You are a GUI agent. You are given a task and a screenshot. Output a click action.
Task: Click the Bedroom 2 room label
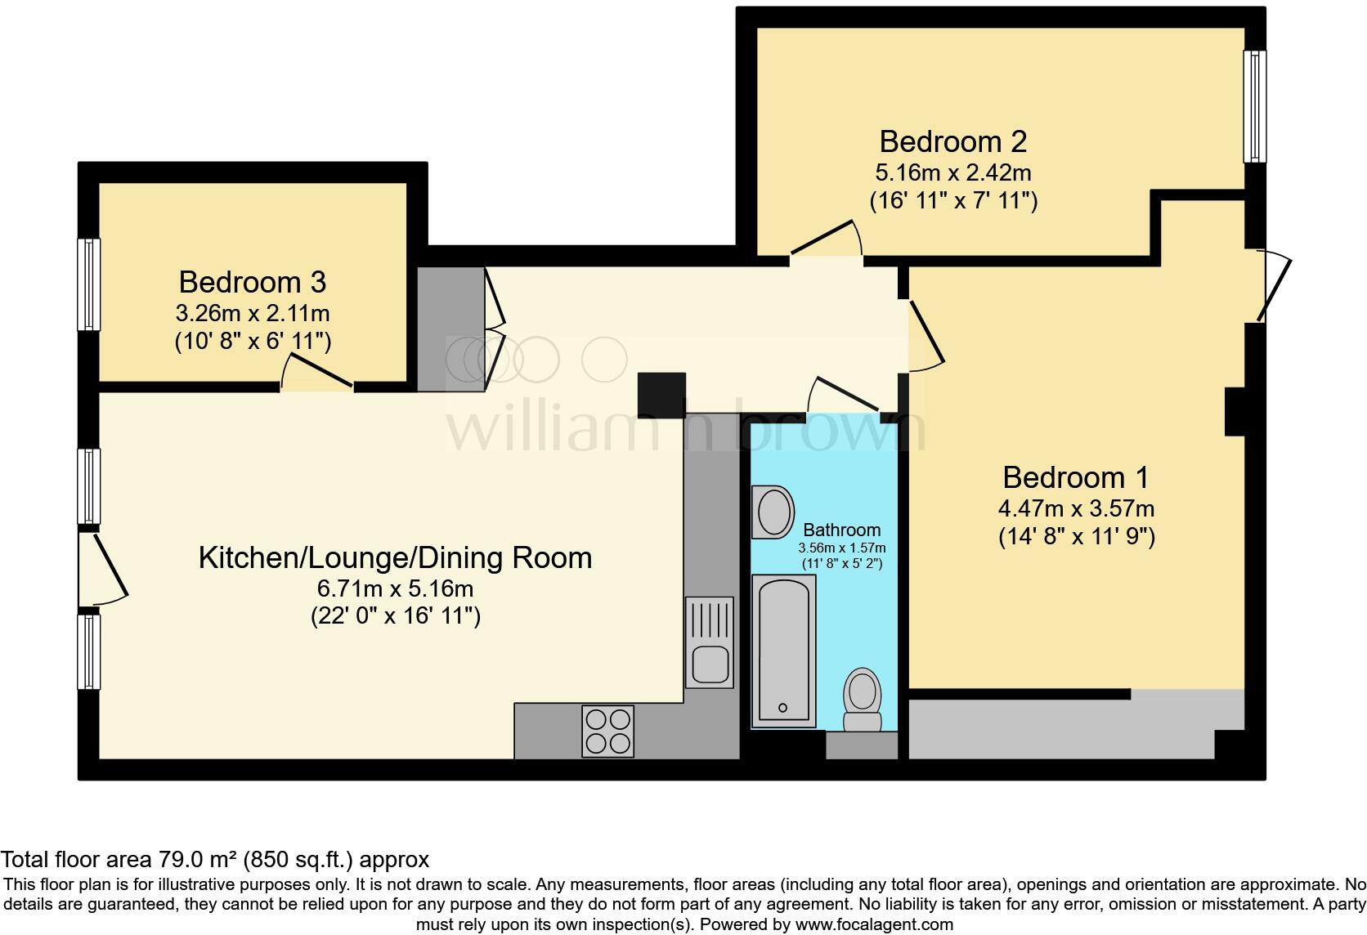pos(952,142)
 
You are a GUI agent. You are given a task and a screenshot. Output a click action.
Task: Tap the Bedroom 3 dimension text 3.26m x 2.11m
pos(253,313)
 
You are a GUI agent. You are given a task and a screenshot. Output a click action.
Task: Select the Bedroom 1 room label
pos(1076,477)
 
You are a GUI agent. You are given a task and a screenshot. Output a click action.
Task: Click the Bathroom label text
pos(841,530)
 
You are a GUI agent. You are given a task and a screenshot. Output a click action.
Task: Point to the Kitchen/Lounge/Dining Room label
pos(395,558)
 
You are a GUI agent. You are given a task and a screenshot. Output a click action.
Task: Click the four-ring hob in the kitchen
pos(607,731)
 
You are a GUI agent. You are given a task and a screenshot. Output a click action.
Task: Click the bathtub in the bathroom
pos(783,650)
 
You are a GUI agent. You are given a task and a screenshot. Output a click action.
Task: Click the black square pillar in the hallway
pos(661,396)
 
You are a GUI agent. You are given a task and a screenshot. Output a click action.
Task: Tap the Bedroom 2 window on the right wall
pos(1254,106)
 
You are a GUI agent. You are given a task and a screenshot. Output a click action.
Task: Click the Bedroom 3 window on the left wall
pos(88,284)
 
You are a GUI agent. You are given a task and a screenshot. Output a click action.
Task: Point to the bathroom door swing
pos(844,393)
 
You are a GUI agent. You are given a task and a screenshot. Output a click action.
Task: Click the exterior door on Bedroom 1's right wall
pos(1274,286)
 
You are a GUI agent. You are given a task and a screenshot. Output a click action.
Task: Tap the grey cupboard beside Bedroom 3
pos(450,329)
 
